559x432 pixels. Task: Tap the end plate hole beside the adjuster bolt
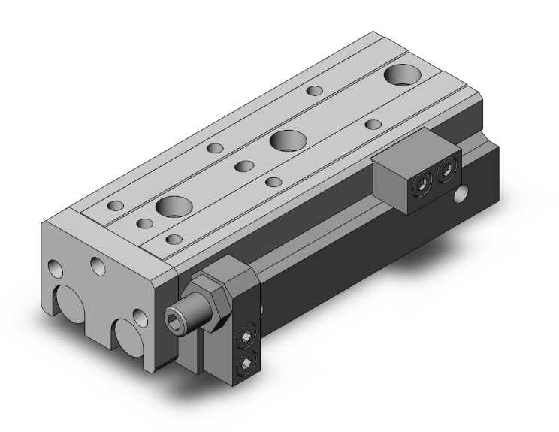pyautogui.click(x=138, y=316)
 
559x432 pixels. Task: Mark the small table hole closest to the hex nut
pyautogui.click(x=174, y=239)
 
